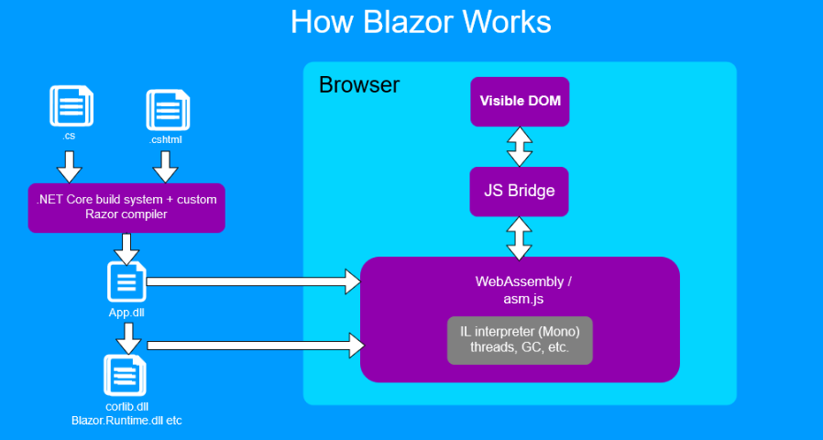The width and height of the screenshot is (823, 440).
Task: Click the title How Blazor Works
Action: click(421, 22)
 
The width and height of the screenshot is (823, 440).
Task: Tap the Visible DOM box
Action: click(520, 101)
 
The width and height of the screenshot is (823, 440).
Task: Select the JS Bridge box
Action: click(520, 192)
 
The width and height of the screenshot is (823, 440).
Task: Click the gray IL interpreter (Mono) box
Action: click(520, 340)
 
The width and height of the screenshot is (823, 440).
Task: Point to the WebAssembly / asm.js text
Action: click(520, 289)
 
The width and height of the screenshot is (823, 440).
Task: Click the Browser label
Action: click(359, 85)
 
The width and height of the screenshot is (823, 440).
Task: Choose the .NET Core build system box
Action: click(126, 208)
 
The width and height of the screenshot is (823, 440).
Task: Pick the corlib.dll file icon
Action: click(126, 376)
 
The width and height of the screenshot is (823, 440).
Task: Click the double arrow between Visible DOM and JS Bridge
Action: click(520, 146)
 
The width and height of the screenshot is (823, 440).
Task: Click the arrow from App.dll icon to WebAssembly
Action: click(253, 281)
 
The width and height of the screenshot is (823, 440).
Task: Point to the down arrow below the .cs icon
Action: click(70, 166)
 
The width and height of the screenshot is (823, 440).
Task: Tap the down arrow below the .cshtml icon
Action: click(165, 166)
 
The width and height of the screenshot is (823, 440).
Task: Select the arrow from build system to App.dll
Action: click(126, 247)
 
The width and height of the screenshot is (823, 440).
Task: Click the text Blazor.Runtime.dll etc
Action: click(126, 419)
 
